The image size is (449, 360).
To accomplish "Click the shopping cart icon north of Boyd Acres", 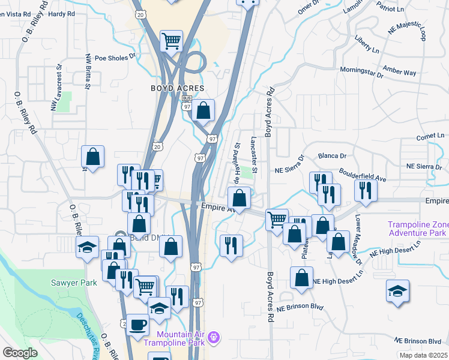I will pos(172,41).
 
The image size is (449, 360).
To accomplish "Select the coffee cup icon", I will pos(137,325).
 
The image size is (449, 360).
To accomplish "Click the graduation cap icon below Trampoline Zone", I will pos(397,291).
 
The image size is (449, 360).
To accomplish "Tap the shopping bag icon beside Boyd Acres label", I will pos(204,110).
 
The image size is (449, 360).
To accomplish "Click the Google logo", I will pos(20,353).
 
